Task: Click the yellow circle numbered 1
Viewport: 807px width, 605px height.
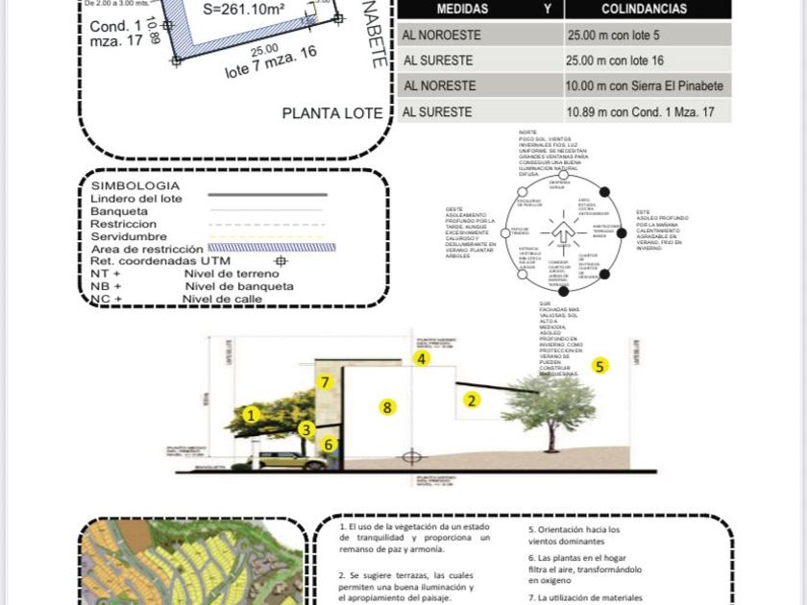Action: click(x=251, y=415)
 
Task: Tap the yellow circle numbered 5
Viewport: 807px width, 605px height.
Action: click(x=600, y=365)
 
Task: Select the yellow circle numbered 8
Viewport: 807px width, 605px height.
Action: click(x=387, y=407)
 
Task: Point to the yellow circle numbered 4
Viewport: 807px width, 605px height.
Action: click(x=422, y=358)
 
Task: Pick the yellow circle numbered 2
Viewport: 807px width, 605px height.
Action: click(x=472, y=400)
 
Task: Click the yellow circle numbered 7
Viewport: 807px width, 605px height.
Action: click(x=326, y=382)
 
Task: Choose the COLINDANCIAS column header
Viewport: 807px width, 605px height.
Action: click(x=644, y=9)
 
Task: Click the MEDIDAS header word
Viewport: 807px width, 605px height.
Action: click(x=462, y=9)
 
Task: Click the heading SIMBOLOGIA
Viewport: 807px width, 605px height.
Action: click(x=135, y=185)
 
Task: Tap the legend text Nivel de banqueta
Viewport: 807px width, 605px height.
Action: click(x=239, y=286)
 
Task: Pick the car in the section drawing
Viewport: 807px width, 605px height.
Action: click(x=287, y=461)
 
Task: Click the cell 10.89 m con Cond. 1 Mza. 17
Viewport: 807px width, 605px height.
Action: click(x=648, y=111)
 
